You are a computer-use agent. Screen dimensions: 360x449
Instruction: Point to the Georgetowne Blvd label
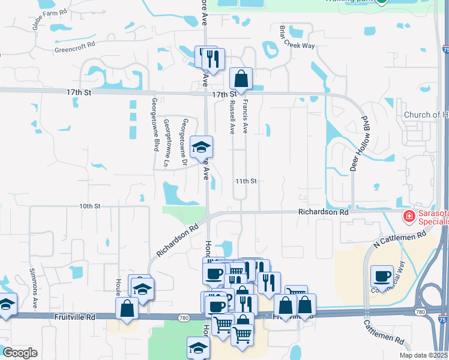click(x=155, y=124)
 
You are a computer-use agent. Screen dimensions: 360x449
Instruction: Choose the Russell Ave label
click(x=232, y=117)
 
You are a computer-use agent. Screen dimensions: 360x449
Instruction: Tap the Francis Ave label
click(x=245, y=117)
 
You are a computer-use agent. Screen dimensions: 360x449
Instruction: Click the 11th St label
click(x=246, y=181)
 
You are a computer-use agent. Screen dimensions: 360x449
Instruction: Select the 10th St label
click(x=89, y=206)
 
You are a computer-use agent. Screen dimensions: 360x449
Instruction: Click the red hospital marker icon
click(x=409, y=215)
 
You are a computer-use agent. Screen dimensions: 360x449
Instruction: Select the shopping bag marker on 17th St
click(x=241, y=79)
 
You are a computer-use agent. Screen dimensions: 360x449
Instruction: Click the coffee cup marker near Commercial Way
click(x=382, y=276)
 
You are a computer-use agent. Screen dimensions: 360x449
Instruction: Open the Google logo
click(x=20, y=353)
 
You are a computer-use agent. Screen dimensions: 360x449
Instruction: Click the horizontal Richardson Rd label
click(x=324, y=212)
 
